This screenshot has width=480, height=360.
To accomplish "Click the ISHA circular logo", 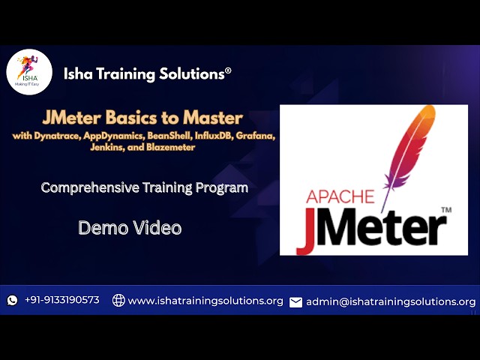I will pyautogui.click(x=29, y=73).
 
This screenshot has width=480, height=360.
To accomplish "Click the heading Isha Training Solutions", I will pyautogui.click(x=147, y=73).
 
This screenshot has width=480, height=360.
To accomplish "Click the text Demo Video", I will pyautogui.click(x=130, y=227).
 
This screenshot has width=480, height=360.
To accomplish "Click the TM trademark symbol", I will pyautogui.click(x=446, y=212).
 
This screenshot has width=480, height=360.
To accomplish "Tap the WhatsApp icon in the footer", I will pyautogui.click(x=12, y=300).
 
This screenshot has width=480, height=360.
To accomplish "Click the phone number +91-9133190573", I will pyautogui.click(x=61, y=300).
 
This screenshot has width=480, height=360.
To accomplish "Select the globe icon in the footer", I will pyautogui.click(x=118, y=300).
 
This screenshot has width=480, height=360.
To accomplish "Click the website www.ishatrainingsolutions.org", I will pyautogui.click(x=205, y=301).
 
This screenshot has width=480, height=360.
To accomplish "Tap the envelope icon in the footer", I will pyautogui.click(x=295, y=301).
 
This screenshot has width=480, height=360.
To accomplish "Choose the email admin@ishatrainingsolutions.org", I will pyautogui.click(x=391, y=301).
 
